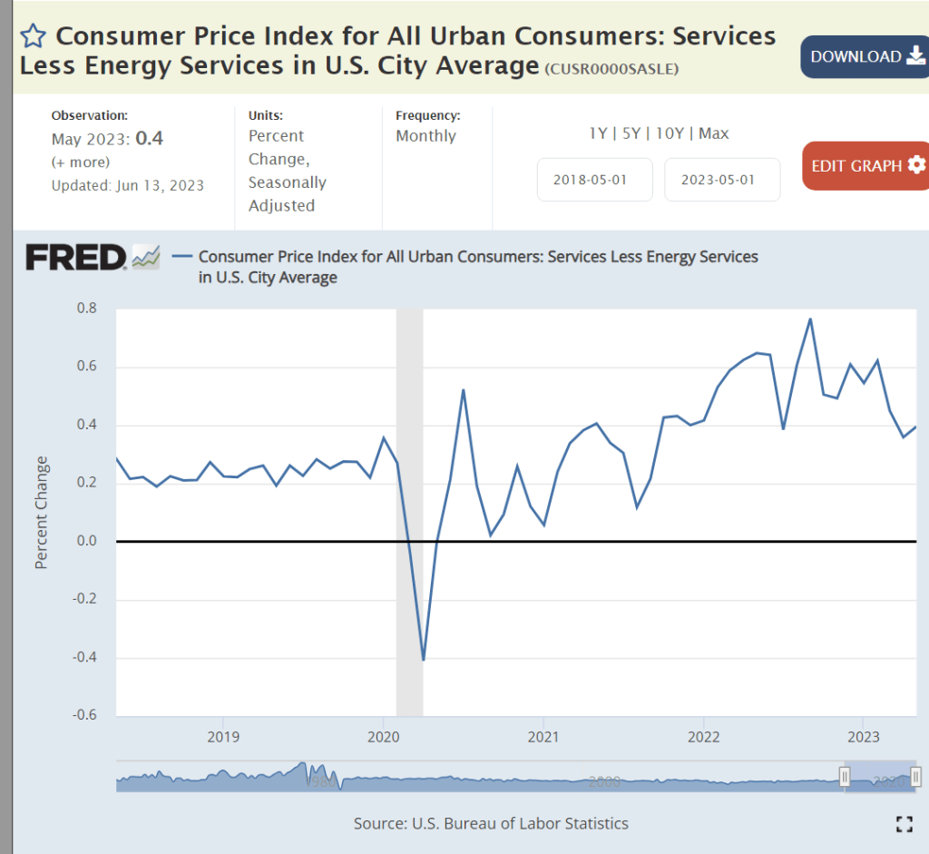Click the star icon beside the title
[33, 36]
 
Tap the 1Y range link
[598, 133]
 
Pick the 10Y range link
[669, 133]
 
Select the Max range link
[714, 133]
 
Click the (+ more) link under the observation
[81, 162]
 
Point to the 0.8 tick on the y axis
[86, 309]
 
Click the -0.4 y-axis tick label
[84, 658]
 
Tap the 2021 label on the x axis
[543, 737]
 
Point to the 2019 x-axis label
[222, 737]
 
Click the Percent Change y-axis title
[42, 513]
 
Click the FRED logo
[76, 258]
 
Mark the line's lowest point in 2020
[423, 660]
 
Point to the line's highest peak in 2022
[810, 319]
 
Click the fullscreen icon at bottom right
[904, 824]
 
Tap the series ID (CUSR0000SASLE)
[611, 69]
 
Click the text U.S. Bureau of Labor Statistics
[519, 824]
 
